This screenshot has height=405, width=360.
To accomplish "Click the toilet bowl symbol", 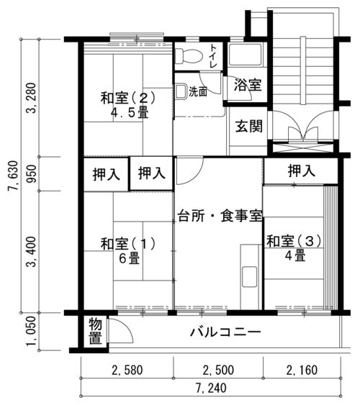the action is click(x=189, y=56).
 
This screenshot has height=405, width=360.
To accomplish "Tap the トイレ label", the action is click(x=213, y=56).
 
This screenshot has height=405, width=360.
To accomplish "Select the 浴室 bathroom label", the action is click(x=248, y=85).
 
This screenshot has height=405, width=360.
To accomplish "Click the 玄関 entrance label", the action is click(x=249, y=126).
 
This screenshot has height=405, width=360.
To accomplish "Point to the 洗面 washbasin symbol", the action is click(x=181, y=91).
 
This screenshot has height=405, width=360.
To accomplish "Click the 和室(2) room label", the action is click(x=128, y=98).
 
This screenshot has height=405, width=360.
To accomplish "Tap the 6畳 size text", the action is click(x=129, y=258).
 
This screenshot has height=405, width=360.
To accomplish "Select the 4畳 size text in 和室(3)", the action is click(x=295, y=255).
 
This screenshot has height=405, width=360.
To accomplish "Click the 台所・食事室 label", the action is click(x=220, y=216).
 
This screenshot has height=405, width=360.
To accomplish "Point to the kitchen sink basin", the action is click(x=249, y=277).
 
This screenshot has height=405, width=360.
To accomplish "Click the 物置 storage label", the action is click(x=95, y=332).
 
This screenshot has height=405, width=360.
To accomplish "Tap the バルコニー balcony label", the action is click(x=225, y=332).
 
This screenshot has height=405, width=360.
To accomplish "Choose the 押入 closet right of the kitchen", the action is click(x=302, y=170).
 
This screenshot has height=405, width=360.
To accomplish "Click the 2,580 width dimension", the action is click(x=127, y=370).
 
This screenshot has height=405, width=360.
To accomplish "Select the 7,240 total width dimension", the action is click(x=211, y=388).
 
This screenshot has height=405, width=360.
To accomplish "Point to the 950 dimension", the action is click(x=32, y=173).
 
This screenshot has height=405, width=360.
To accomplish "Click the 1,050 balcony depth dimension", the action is click(x=32, y=332).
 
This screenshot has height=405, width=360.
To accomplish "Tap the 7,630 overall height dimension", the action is click(x=13, y=176).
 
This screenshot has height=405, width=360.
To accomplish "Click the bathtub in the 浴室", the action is click(x=246, y=55).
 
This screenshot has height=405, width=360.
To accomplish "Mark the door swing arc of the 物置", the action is click(x=127, y=326).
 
